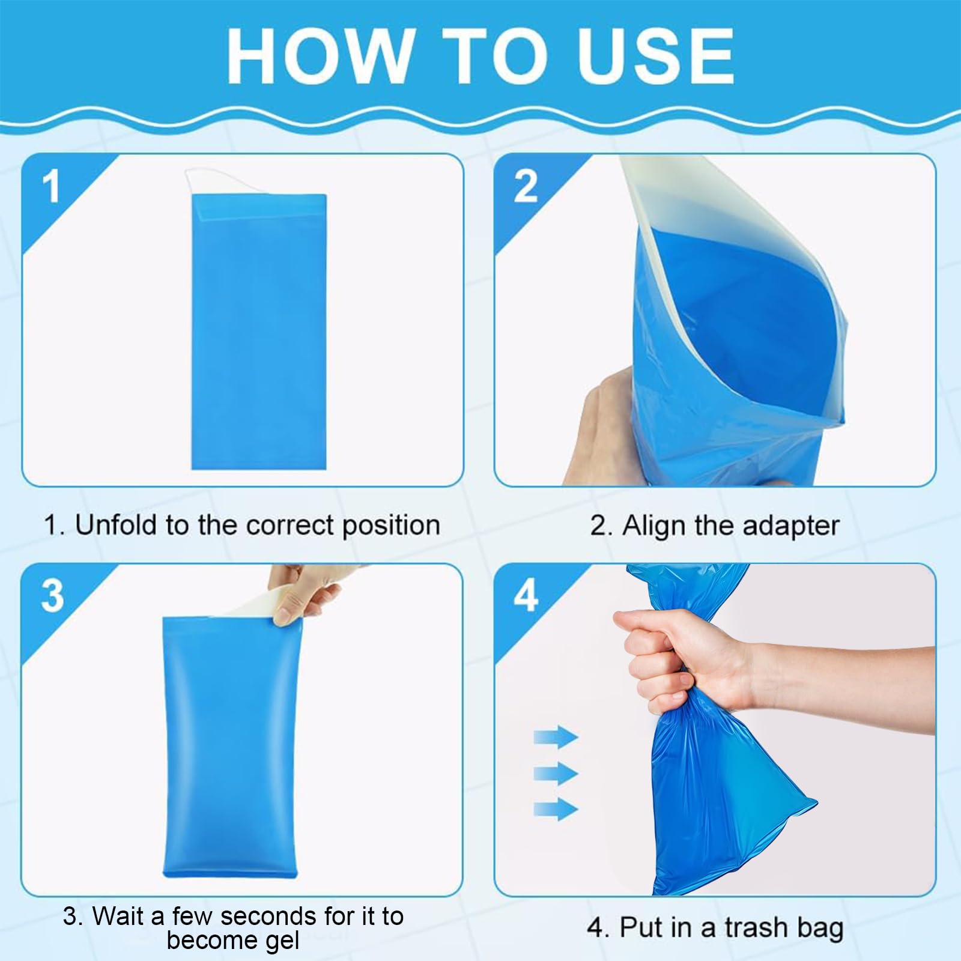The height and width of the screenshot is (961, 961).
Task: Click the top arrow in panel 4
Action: pyautogui.click(x=556, y=736)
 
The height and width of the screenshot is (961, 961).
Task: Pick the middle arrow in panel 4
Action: pyautogui.click(x=556, y=772)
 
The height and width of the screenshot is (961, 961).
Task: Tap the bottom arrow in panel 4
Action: pyautogui.click(x=556, y=808)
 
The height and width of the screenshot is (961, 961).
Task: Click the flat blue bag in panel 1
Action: pyautogui.click(x=259, y=332)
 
